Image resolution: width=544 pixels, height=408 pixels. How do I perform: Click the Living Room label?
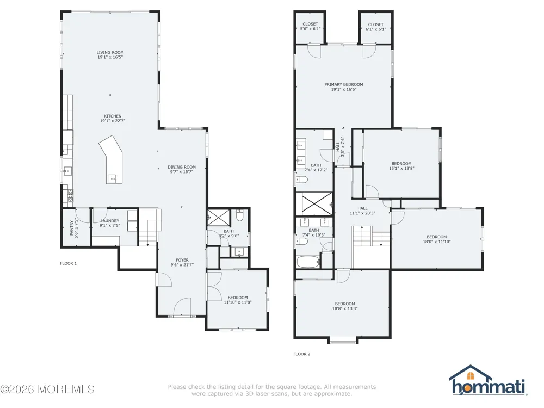click(x=110, y=52)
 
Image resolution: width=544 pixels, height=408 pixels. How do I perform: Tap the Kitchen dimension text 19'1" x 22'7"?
click(x=113, y=121)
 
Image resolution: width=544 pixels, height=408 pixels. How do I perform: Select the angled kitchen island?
click(x=112, y=159)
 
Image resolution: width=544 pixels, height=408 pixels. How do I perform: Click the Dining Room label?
click(x=182, y=167)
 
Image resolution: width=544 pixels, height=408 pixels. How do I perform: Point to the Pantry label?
click(x=71, y=228)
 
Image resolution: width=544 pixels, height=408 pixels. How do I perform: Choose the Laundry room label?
click(x=110, y=221)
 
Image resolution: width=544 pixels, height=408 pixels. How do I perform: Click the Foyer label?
click(x=182, y=260)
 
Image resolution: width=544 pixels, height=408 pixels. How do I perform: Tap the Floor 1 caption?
click(x=69, y=263)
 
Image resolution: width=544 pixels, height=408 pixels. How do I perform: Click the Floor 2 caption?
click(x=302, y=354)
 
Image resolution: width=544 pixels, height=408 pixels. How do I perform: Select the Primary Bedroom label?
click(x=344, y=84)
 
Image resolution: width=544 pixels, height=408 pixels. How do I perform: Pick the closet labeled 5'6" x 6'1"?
click(x=310, y=27)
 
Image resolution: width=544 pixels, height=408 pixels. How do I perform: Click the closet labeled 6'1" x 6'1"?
click(x=376, y=27)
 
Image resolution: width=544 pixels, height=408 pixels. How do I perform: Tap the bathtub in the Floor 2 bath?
click(x=308, y=262)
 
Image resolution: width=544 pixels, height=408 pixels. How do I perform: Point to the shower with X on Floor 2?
click(x=317, y=203)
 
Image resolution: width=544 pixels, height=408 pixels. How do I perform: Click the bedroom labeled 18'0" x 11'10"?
click(x=437, y=239)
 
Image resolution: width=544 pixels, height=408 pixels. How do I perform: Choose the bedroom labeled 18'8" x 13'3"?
click(x=345, y=306)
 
